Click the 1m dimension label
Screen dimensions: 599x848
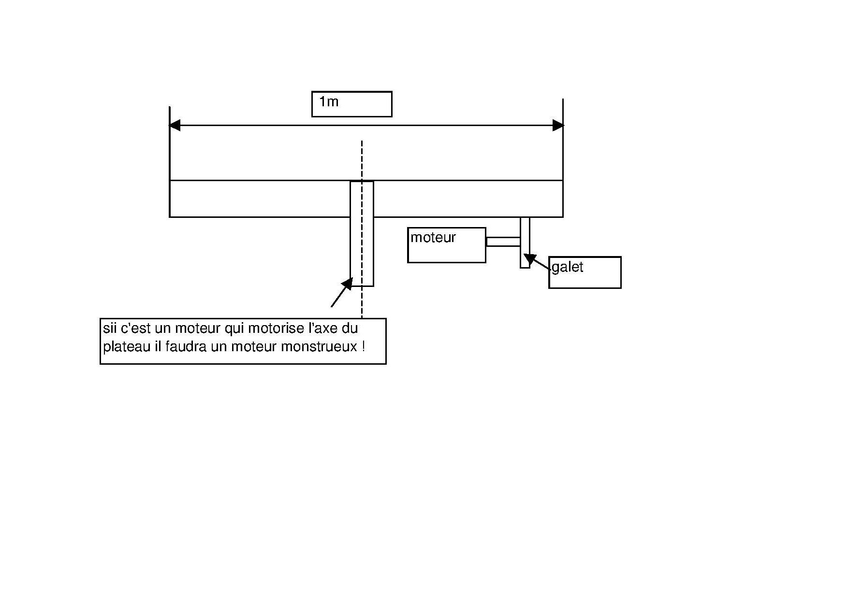[329, 102]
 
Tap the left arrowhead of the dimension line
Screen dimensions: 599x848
[175, 126]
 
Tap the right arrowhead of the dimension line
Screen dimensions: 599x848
[558, 126]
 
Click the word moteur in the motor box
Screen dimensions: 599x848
[433, 238]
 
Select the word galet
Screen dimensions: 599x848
[567, 267]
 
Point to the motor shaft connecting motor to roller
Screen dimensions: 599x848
[503, 242]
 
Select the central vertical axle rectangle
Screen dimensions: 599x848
[362, 233]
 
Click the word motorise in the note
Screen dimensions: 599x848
[276, 328]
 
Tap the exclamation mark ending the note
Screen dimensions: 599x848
[363, 347]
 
